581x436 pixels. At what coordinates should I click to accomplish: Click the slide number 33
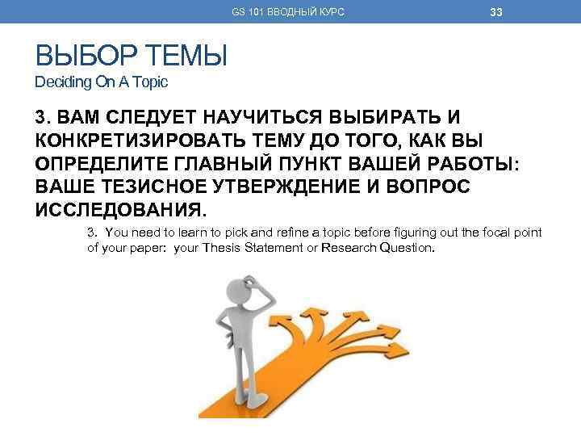pyautogui.click(x=496, y=11)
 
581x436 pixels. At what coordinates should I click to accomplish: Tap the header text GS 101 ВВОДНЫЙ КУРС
pyautogui.click(x=287, y=12)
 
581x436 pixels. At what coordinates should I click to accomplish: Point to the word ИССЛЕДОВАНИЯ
pyautogui.click(x=120, y=211)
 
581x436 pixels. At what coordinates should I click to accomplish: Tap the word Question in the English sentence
pyautogui.click(x=406, y=247)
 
